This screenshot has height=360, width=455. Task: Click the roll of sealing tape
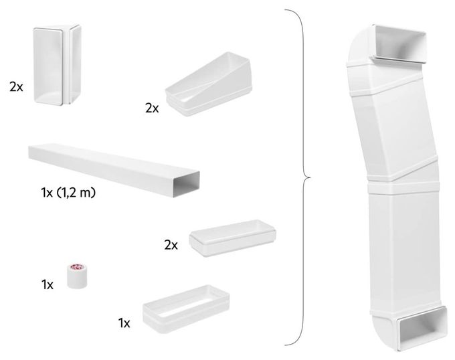tap(78, 276)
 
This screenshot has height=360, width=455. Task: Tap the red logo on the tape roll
tap(76, 266)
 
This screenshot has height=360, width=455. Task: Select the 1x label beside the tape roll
tap(48, 284)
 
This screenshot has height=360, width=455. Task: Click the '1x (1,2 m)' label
tap(68, 192)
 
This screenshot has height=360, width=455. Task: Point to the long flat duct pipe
tap(114, 170)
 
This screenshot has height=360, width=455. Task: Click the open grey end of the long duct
tap(187, 184)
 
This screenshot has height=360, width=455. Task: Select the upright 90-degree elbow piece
tap(57, 65)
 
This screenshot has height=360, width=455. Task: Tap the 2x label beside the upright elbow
tap(16, 87)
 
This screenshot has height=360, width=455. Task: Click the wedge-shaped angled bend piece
tap(208, 84)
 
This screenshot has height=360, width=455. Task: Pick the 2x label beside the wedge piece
tap(152, 108)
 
